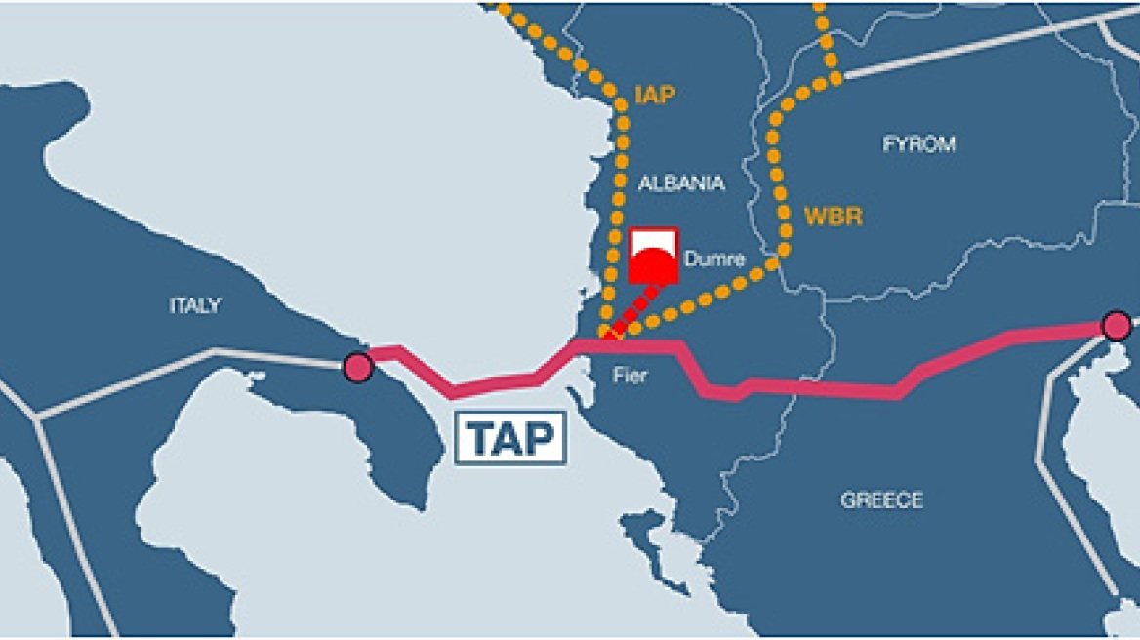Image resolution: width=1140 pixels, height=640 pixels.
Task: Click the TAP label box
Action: pyautogui.click(x=510, y=439)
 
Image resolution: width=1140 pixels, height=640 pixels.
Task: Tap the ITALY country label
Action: pyautogui.click(x=195, y=306)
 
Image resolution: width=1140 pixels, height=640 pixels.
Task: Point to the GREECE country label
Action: pyautogui.click(x=881, y=500)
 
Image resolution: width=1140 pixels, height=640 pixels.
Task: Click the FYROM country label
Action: pyautogui.click(x=918, y=144)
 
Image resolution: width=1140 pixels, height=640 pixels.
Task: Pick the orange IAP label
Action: pyautogui.click(x=655, y=95)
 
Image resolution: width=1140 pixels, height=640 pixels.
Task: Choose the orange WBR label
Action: pyautogui.click(x=834, y=216)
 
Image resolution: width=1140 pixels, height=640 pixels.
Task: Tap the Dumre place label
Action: pyautogui.click(x=715, y=260)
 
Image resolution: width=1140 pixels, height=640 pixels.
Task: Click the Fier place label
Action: pyautogui.click(x=630, y=376)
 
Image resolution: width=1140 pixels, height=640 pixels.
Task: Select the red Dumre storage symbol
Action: pyautogui.click(x=653, y=256)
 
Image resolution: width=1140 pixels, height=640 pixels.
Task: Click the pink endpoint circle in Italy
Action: pyautogui.click(x=358, y=368)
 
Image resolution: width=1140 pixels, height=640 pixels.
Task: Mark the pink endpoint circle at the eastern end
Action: pyautogui.click(x=1116, y=325)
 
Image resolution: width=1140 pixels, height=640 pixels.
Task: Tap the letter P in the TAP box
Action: pyautogui.click(x=542, y=440)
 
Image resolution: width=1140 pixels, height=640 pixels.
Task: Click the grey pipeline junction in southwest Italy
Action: pyautogui.click(x=39, y=418)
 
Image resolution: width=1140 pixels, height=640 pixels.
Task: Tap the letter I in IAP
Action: pyautogui.click(x=638, y=95)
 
